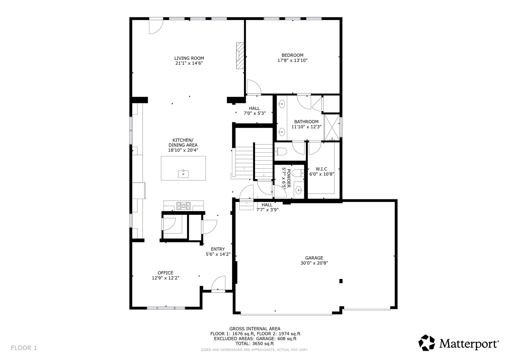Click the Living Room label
[189, 58]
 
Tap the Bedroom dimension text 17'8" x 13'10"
[292, 60]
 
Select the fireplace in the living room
[240, 56]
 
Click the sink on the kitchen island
[183, 174]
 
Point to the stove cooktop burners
[184, 206]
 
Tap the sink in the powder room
[299, 189]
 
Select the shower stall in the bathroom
[332, 127]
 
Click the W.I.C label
[321, 169]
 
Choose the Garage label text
[314, 258]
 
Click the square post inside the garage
[341, 281]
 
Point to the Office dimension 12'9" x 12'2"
[165, 278]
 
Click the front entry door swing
[218, 283]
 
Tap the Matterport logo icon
[427, 343]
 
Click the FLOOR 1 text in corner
[24, 348]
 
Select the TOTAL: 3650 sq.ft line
[255, 344]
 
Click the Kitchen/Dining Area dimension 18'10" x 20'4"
[183, 150]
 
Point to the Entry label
[218, 249]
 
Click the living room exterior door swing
[156, 27]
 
